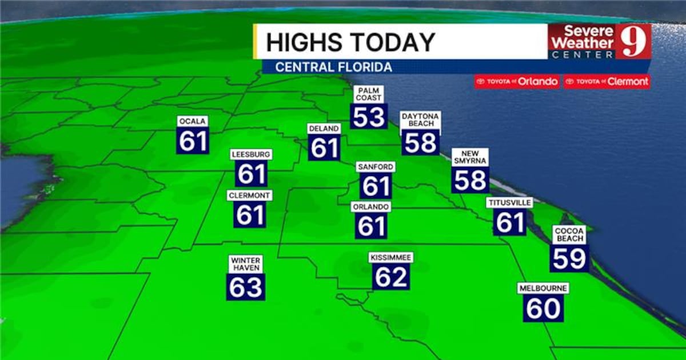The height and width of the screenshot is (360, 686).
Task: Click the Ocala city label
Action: (192, 121)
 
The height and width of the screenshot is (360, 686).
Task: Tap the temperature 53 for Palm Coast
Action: (369, 117)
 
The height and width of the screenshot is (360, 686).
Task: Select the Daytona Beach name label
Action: (420, 119)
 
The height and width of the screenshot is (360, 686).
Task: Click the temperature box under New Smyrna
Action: (470, 180)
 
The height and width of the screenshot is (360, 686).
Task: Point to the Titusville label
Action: (509, 203)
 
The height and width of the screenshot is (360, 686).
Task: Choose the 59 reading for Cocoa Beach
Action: (569, 258)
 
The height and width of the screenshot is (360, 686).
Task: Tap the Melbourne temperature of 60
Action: (543, 309)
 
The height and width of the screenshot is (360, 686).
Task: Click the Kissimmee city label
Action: (391, 258)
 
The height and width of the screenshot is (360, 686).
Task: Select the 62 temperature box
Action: (391, 277)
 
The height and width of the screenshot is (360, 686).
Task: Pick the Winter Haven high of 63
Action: (246, 287)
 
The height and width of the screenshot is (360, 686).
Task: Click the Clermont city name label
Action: (249, 195)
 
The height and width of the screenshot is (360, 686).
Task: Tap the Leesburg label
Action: (251, 154)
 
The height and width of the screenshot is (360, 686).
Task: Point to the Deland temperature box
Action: (324, 148)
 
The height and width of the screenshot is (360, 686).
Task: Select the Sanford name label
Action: (375, 167)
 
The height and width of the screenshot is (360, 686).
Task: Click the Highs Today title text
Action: (350, 42)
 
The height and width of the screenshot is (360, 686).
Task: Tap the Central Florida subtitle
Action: (333, 67)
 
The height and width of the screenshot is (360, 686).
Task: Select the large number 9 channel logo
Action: (633, 41)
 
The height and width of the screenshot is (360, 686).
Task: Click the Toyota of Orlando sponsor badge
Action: (517, 82)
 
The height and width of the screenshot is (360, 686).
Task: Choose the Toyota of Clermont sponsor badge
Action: (607, 82)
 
